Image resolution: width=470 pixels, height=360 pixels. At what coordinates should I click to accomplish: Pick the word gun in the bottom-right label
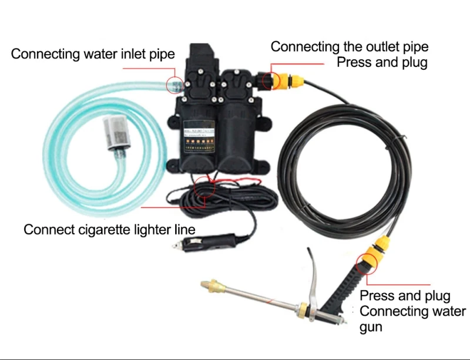(x=371, y=327)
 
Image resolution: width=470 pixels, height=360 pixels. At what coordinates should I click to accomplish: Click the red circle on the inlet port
(x=173, y=85)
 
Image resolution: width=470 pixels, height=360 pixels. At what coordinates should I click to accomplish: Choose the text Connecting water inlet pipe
(x=93, y=55)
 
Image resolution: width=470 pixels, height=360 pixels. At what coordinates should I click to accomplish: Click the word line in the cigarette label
(x=185, y=229)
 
